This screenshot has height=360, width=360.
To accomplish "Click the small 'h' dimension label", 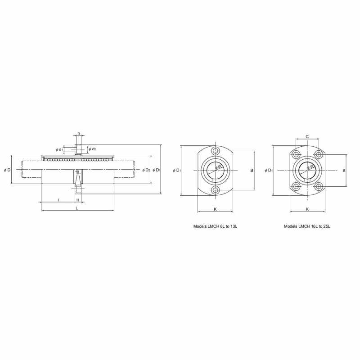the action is point(79,133).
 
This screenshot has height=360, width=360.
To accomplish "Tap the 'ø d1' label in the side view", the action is point(59,150).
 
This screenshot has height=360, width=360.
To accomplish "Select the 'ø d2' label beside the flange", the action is point(92,149).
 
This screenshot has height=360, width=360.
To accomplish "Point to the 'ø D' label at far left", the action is point(7,170).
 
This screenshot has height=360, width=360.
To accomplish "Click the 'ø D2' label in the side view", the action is point(146,170).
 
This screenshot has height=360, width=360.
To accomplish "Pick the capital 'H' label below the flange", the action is point(78,200).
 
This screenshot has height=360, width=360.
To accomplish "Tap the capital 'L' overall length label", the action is point(77,208).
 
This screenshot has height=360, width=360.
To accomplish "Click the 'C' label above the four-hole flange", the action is point(307,137).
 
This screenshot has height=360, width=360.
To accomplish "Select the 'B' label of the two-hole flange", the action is point(252,171).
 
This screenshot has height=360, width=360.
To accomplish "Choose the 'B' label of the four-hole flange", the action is point(344,171).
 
